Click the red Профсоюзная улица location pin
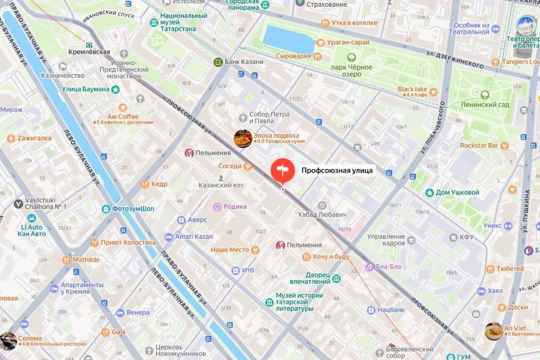tap(282, 170)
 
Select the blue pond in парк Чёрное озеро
tap(288, 38)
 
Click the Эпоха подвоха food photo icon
tap(242, 138)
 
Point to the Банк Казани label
tap(244, 62)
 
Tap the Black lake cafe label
tap(412, 90)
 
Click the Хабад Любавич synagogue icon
tap(322, 205)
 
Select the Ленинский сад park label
tap(484, 104)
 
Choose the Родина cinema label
tap(235, 207)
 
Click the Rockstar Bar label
tap(479, 146)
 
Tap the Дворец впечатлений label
tap(310, 278)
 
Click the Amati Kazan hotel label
tap(194, 237)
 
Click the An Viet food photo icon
tap(493, 331)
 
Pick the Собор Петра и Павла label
tap(269, 117)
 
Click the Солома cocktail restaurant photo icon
tap(8, 340)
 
